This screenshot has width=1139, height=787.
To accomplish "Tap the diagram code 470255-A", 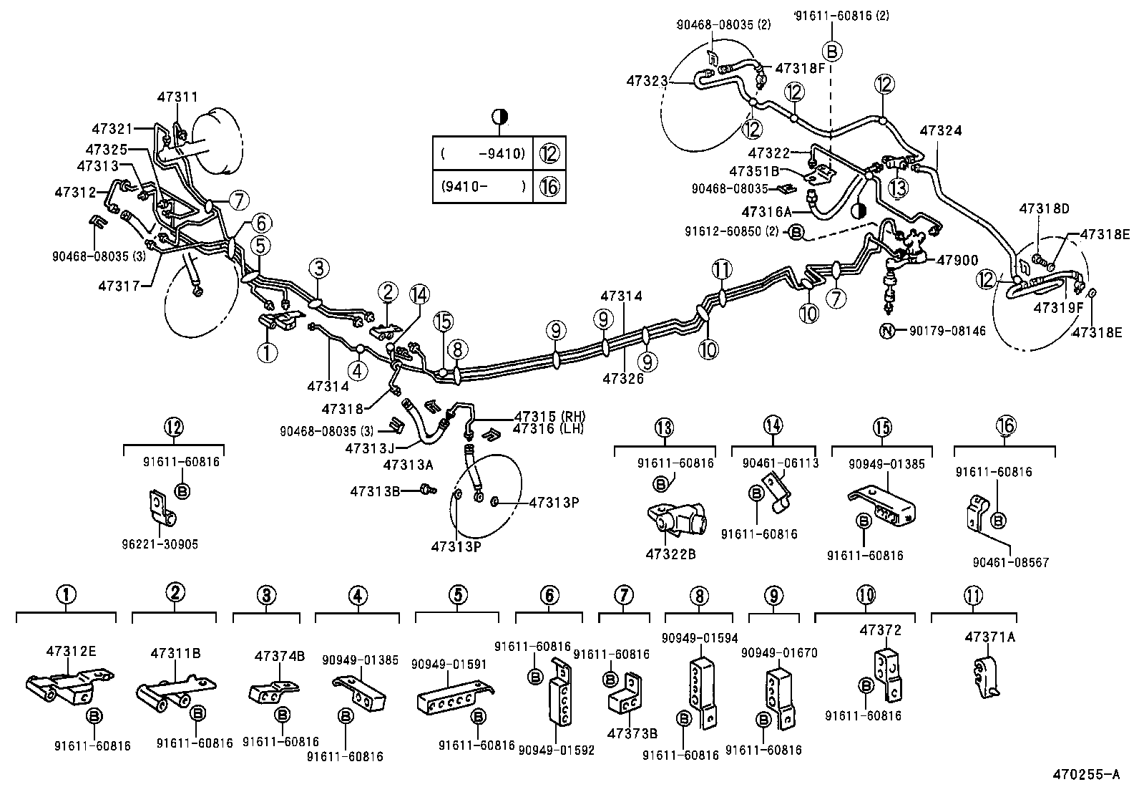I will (x=1085, y=774).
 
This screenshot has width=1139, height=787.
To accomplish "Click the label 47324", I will (x=940, y=131).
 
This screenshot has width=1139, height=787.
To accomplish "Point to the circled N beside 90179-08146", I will (x=886, y=331).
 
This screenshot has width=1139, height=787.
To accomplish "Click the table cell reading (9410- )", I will (x=483, y=187).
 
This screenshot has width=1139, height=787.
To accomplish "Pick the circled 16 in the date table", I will (x=549, y=187).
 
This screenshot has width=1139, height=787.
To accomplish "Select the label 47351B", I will (x=753, y=171).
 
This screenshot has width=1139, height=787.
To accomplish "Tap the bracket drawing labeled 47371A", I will (x=986, y=677).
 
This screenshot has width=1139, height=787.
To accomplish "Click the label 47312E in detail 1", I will (x=71, y=651).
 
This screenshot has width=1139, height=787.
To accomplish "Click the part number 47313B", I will (x=374, y=491).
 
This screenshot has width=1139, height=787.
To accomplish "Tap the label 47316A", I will (x=766, y=212).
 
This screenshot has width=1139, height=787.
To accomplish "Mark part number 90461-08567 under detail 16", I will (x=1010, y=562).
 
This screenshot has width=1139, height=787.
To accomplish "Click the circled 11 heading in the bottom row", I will (x=973, y=595).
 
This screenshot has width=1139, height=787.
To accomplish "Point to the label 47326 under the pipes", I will (x=622, y=378).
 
